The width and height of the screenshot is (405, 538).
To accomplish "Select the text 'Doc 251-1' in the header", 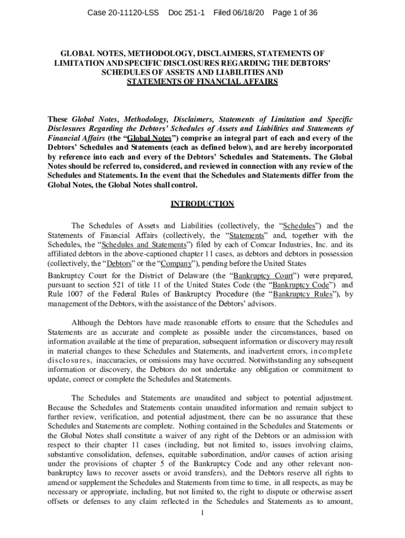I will [x=186, y=12].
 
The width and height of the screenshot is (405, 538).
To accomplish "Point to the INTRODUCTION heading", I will [x=202, y=204].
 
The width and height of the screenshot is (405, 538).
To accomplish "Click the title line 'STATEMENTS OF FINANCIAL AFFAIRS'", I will [x=202, y=82].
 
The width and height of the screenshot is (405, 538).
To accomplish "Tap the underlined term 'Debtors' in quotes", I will [x=119, y=263].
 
